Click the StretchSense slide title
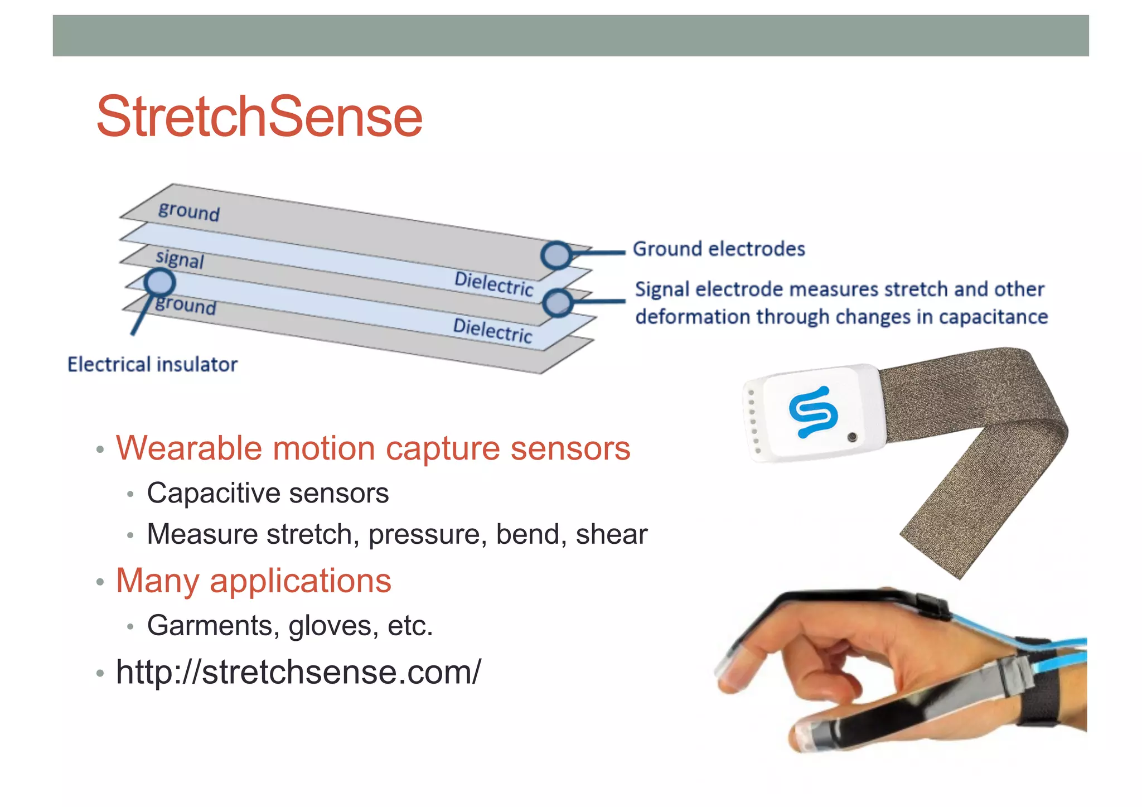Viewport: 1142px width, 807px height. click(259, 117)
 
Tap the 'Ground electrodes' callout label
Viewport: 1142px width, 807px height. click(719, 249)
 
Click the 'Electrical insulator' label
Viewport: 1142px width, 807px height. click(152, 365)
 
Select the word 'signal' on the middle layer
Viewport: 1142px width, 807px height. click(180, 259)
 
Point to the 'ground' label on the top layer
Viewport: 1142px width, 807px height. click(189, 211)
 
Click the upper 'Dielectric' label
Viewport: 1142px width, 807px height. click(493, 283)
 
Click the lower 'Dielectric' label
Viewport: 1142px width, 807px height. click(492, 330)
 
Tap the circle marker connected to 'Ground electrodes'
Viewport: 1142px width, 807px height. click(556, 255)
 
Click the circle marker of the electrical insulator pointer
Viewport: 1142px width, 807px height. click(160, 282)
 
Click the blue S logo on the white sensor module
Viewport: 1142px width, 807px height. click(813, 412)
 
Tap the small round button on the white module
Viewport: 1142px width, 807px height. click(851, 437)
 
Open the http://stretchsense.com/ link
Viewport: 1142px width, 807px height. click(298, 671)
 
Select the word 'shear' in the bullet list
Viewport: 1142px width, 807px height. click(611, 534)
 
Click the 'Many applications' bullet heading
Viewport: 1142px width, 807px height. click(254, 581)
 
